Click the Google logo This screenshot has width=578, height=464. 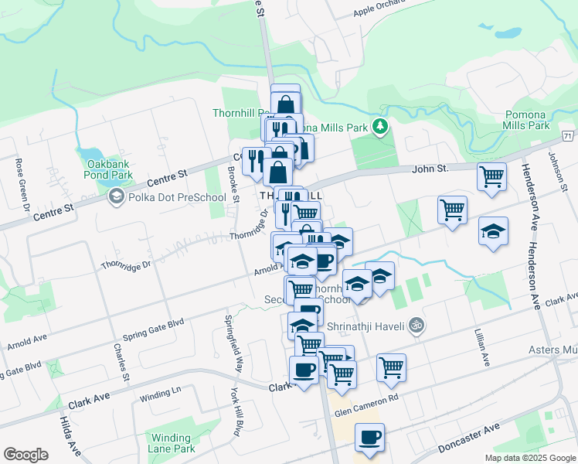[x=25, y=455]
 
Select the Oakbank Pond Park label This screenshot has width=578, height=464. [x=110, y=170]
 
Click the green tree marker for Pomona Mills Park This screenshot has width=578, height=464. [x=379, y=126]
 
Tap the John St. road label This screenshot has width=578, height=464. [x=430, y=169]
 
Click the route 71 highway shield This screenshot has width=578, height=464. [x=569, y=136]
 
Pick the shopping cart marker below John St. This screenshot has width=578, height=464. [x=491, y=177]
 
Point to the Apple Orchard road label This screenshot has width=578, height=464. [x=379, y=11]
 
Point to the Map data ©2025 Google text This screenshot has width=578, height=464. [x=529, y=458]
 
